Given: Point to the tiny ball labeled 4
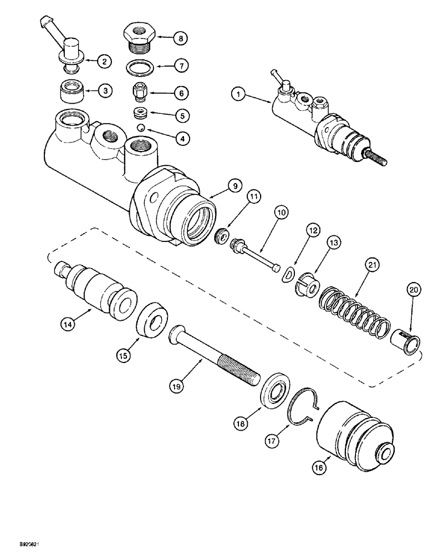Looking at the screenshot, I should tap(142, 128).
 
